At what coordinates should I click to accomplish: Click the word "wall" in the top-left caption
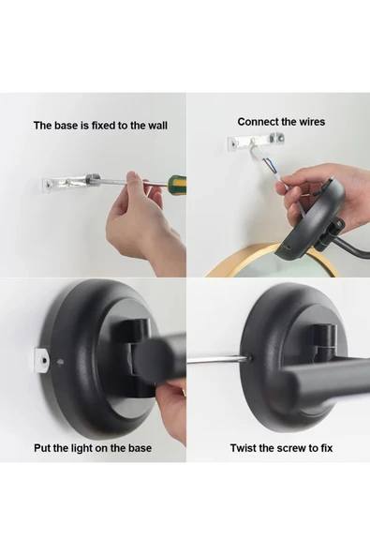click(x=155, y=125)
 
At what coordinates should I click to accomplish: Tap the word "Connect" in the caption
click(x=258, y=122)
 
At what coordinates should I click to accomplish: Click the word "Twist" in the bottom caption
click(x=244, y=448)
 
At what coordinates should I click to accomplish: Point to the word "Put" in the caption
click(x=44, y=448)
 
